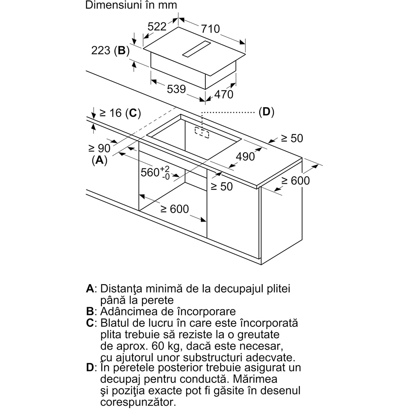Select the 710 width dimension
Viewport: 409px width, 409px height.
210,29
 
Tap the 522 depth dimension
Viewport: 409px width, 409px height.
157,27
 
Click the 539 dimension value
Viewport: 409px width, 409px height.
176,89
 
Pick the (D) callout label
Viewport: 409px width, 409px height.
266,112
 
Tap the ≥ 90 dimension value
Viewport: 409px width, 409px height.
99,148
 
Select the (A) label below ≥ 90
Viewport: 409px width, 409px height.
99,160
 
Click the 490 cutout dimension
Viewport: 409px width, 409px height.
245,156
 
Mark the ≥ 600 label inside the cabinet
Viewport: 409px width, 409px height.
174,209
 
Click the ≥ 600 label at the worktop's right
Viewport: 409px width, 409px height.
295,180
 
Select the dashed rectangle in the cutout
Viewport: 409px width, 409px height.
202,132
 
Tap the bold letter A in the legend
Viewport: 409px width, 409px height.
90,288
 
